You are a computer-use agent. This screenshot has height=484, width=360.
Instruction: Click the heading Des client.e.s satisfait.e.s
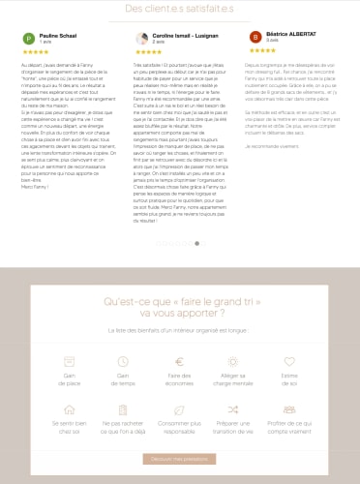point(179,10)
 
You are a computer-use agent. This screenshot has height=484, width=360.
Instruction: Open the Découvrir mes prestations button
point(180,457)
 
